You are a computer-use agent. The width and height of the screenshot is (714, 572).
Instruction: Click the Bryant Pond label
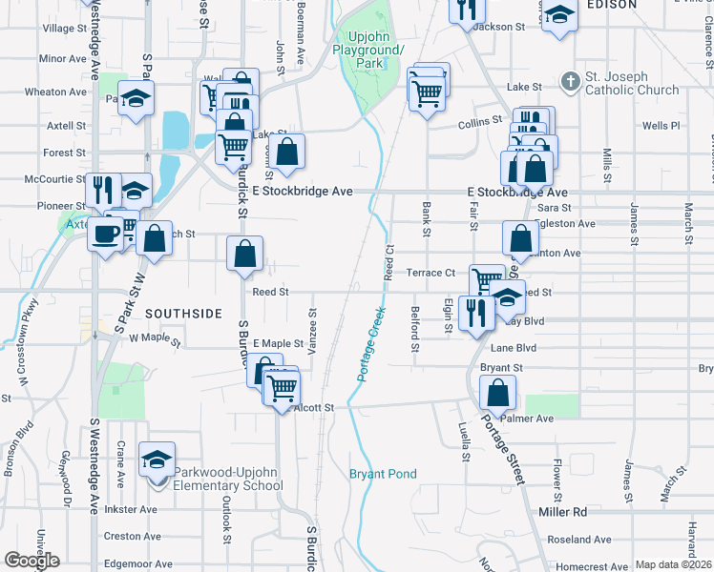[x=383, y=474]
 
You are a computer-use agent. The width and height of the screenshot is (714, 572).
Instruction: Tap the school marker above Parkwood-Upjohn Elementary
[x=157, y=460]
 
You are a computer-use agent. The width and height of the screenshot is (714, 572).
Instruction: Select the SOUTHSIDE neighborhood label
[x=183, y=313]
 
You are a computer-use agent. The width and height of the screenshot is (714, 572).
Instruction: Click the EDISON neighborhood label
[x=612, y=5]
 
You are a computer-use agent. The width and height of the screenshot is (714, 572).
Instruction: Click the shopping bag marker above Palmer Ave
[x=498, y=392]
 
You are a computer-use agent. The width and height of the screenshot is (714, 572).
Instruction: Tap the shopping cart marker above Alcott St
[x=282, y=387]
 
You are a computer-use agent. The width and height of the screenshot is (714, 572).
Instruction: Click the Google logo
[x=31, y=561]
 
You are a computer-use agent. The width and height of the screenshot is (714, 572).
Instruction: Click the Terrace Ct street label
[x=430, y=273]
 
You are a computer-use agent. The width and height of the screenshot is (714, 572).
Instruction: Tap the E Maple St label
[x=277, y=343]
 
